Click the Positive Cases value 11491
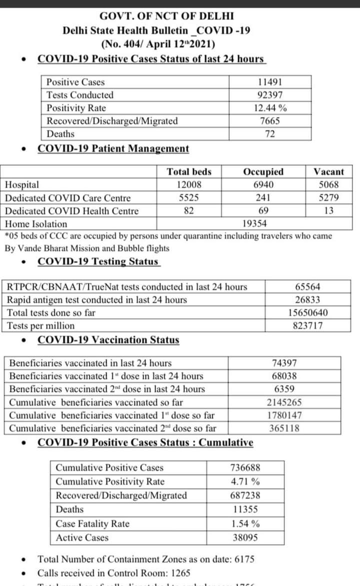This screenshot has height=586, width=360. [270, 82]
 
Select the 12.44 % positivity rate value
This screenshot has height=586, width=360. [270, 108]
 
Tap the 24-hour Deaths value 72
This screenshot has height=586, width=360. [270, 134]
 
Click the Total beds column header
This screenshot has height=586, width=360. [189, 172]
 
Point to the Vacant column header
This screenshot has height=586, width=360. [328, 172]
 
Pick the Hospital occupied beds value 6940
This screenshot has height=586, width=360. [263, 185]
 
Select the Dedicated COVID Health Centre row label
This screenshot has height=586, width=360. [72, 211]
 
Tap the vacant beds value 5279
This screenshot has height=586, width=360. [328, 198]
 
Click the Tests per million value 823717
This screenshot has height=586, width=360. [307, 326]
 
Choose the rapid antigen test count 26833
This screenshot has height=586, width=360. [307, 300]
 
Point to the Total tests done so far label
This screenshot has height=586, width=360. [51, 313]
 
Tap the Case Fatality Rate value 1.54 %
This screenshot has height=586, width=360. [245, 524]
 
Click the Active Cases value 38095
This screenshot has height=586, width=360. [245, 538]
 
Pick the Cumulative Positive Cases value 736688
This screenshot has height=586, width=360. [245, 468]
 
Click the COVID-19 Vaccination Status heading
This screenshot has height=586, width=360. [108, 340]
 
